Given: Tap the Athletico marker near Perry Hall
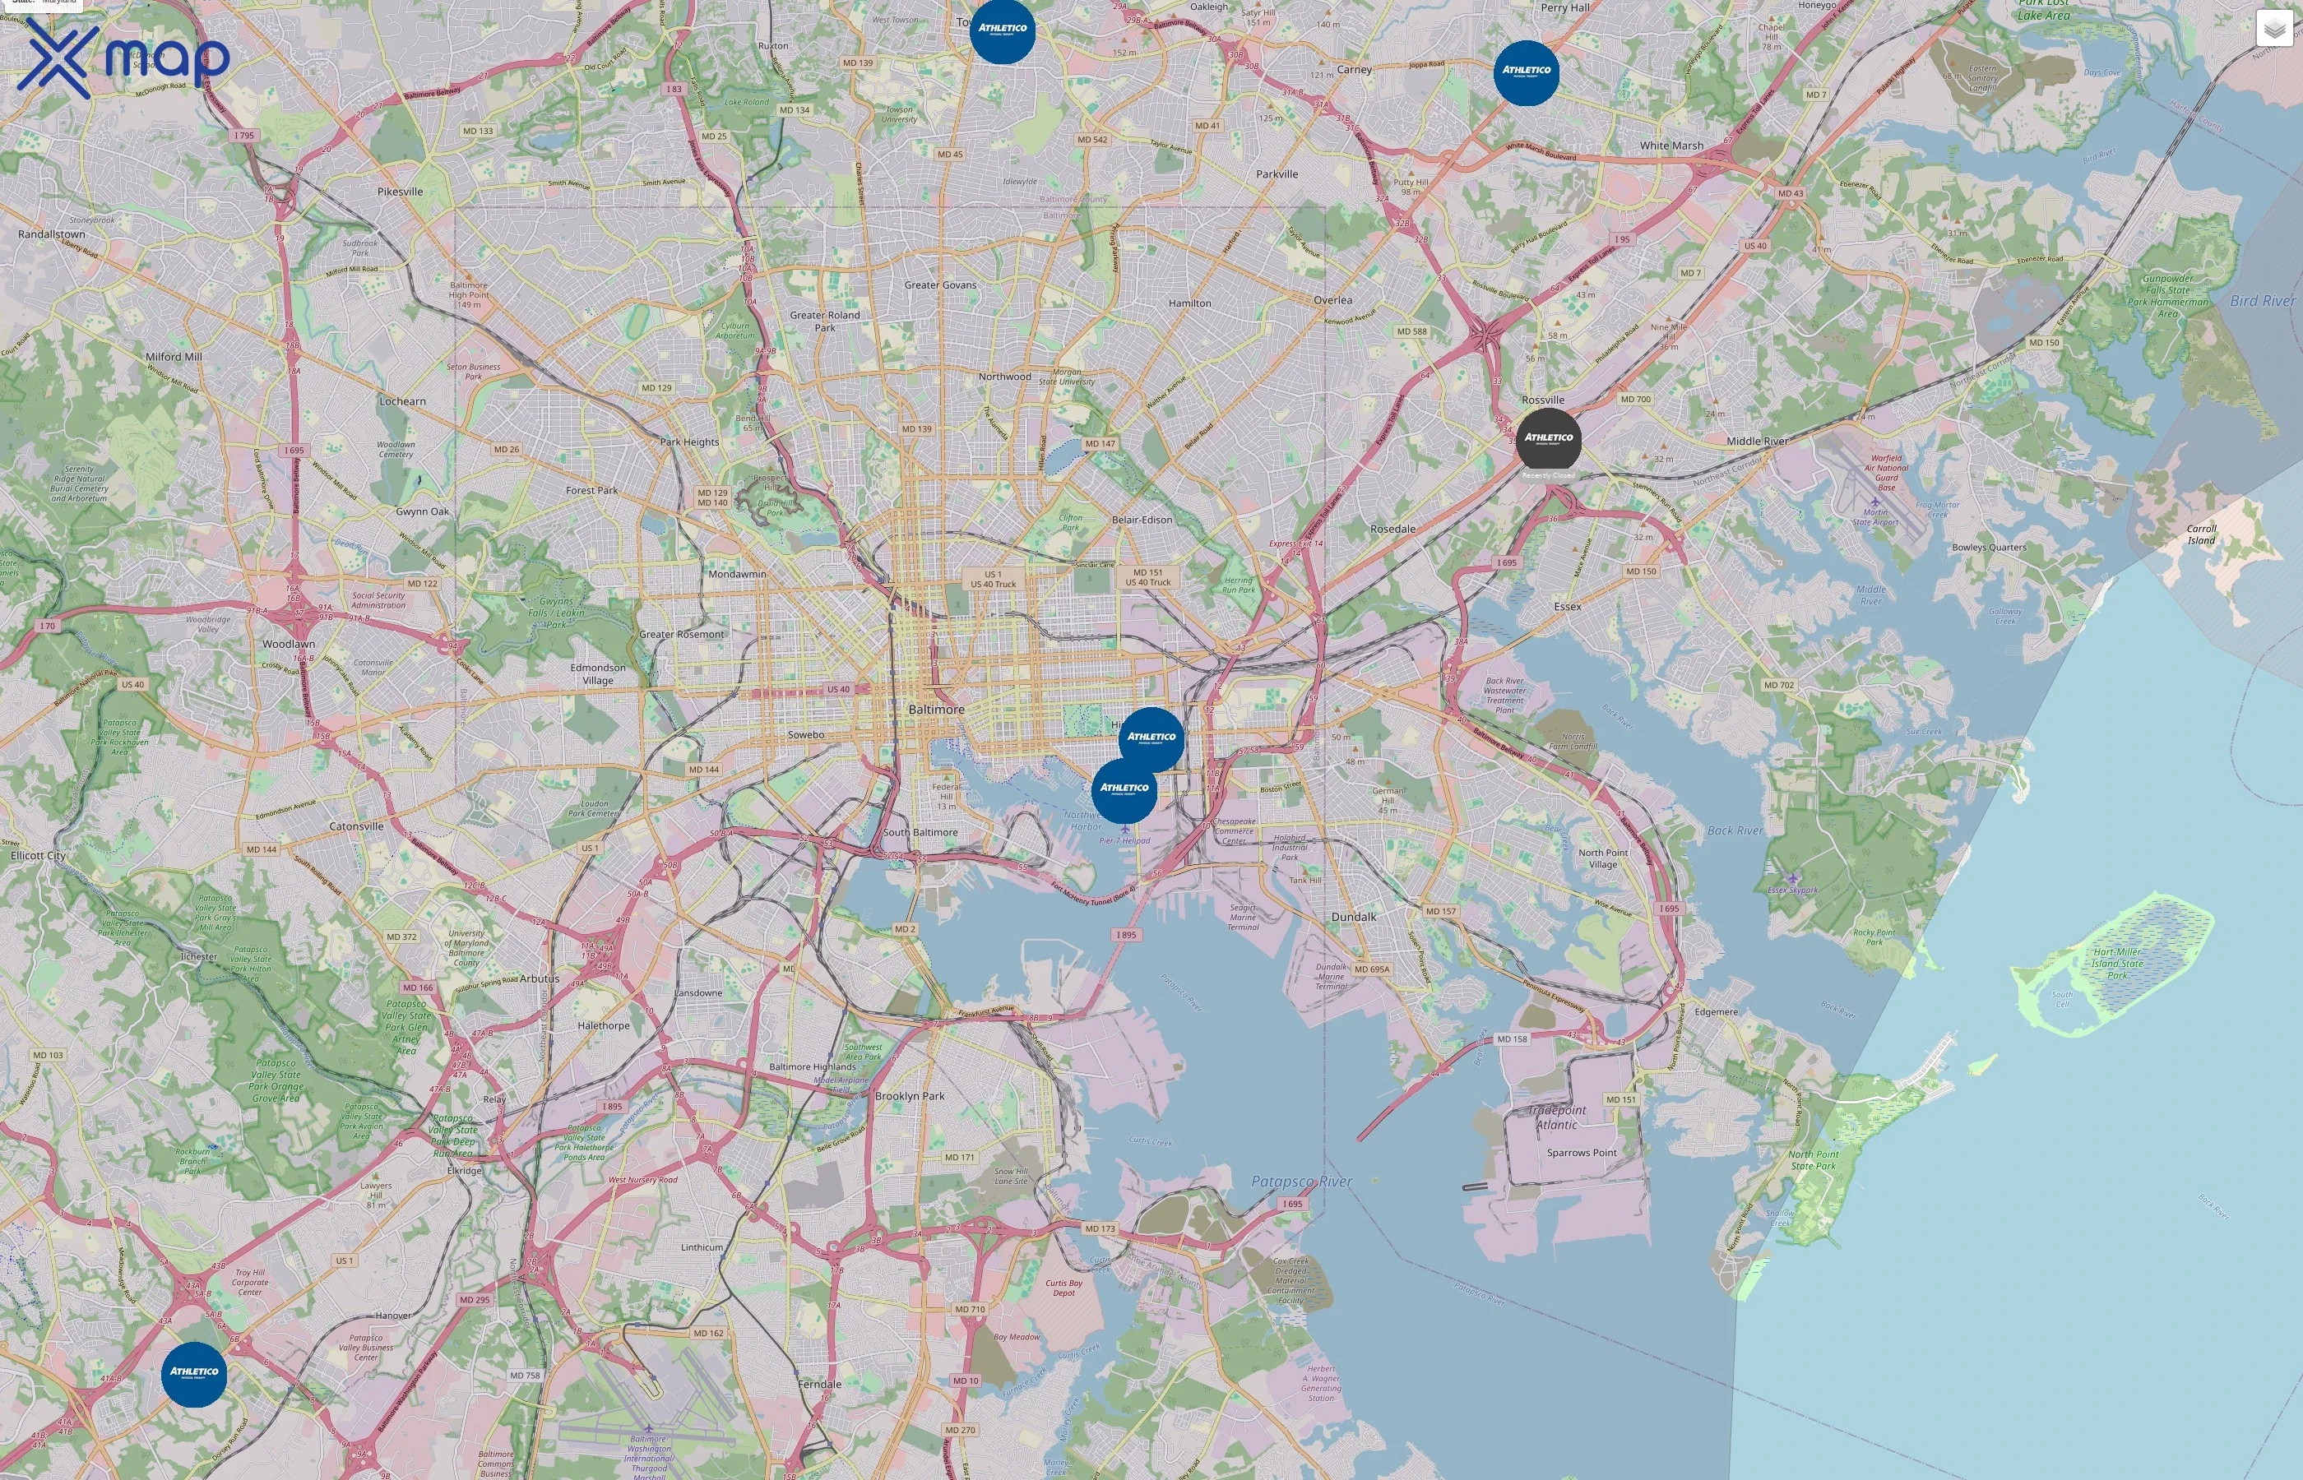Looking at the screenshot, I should pos(1527,72).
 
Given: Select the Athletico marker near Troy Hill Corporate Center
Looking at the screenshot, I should pos(194,1374).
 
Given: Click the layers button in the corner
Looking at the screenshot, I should pos(2273,29).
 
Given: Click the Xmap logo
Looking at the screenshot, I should pos(123,58).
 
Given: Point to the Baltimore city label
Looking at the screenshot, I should pos(936,710).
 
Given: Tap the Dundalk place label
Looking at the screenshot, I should pos(1353,917).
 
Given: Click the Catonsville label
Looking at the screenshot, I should pos(357,826).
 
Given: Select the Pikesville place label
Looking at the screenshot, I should pos(400,192).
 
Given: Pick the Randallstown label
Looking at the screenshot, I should pos(52,234).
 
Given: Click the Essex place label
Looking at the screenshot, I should pos(1568,607).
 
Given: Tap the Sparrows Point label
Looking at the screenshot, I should pos(1581,1152).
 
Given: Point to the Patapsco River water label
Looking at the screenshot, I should pos(1301,1181).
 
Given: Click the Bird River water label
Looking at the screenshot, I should pos(2263,301).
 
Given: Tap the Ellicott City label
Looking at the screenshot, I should pos(39,855).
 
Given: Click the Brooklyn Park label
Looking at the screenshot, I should pos(910,1095).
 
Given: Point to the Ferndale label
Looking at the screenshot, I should pos(819,1384).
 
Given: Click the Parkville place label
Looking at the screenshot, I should pos(1277,174).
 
